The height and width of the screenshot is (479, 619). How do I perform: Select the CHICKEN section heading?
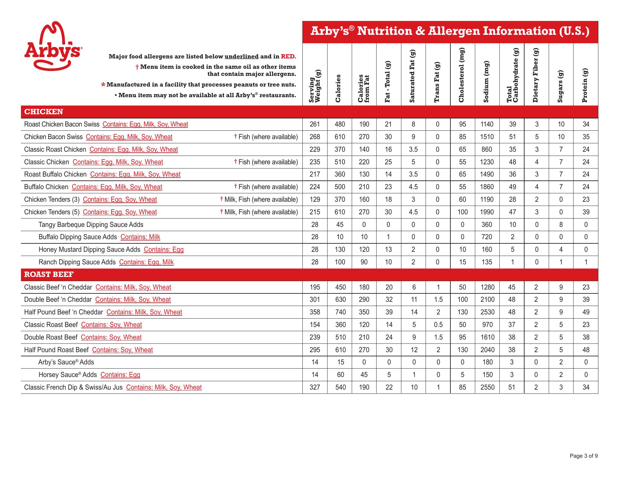pyautogui.click(x=44, y=112)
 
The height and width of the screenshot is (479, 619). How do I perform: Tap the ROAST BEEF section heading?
pyautogui.click(x=49, y=274)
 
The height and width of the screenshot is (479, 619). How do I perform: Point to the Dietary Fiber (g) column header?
pyautogui.click(x=536, y=75)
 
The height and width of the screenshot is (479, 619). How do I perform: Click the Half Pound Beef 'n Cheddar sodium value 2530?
pyautogui.click(x=487, y=312)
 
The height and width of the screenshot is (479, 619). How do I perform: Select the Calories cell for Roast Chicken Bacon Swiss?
pyautogui.click(x=340, y=124)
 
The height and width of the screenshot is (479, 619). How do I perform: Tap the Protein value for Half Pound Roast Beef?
pyautogui.click(x=586, y=350)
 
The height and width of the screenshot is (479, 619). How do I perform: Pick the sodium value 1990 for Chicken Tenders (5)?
pyautogui.click(x=487, y=212)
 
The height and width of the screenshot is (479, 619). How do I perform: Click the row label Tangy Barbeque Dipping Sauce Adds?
pyautogui.click(x=91, y=225)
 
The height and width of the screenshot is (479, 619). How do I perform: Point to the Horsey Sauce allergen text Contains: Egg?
pyautogui.click(x=120, y=375)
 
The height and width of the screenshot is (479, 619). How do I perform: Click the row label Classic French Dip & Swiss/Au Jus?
pyautogui.click(x=74, y=387)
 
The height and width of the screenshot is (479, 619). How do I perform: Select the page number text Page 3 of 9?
pyautogui.click(x=584, y=456)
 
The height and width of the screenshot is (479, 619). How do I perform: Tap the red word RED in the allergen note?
pyautogui.click(x=288, y=56)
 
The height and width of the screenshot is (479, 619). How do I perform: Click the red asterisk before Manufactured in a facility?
pyautogui.click(x=103, y=85)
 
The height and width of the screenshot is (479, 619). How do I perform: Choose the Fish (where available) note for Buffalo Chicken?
pyautogui.click(x=266, y=187)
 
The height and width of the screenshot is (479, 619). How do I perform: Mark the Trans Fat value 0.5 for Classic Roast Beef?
pyautogui.click(x=438, y=325)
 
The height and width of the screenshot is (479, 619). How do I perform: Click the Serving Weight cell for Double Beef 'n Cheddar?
pyautogui.click(x=315, y=300)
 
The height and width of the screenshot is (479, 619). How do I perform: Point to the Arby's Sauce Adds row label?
pyautogui.click(x=66, y=362)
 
